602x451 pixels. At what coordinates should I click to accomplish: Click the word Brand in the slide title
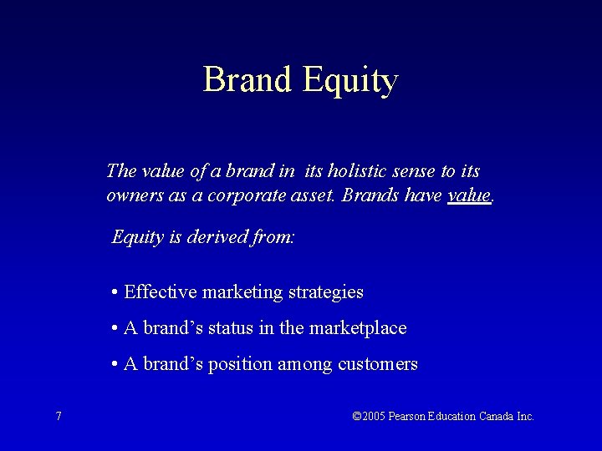[247, 80]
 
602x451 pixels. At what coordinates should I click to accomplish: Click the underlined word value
[469, 196]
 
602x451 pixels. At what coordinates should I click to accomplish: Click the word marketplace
[358, 329]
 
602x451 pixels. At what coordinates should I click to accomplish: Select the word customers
[378, 364]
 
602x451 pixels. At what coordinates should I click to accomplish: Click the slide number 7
[58, 416]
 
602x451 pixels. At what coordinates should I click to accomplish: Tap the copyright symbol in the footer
[358, 416]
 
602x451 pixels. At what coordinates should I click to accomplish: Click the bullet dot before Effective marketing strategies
[113, 292]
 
